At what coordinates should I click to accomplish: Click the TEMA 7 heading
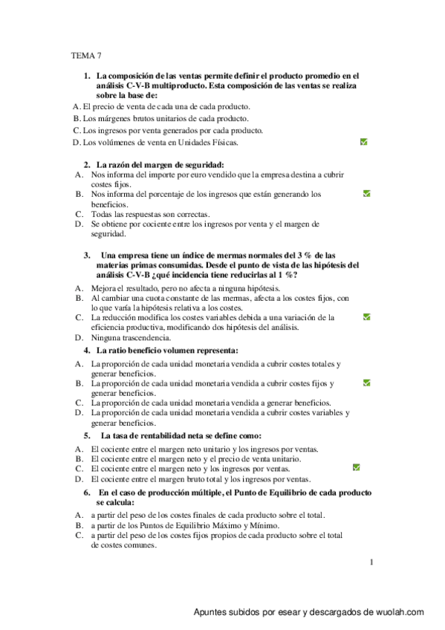pos(86,55)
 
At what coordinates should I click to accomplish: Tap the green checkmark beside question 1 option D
pos(364,141)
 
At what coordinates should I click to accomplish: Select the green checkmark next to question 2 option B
pos(367,194)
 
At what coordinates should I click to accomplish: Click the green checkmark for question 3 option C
pos(367,316)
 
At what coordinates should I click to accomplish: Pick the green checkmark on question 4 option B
pos(367,383)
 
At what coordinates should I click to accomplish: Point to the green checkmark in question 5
pos(357,468)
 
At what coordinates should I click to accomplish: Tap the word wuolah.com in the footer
pos(400,612)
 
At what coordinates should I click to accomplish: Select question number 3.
pos(87,254)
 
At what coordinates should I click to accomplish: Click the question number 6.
pos(87,493)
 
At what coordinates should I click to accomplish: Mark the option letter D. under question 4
pos(79,412)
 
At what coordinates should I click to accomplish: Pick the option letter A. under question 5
pos(79,449)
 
